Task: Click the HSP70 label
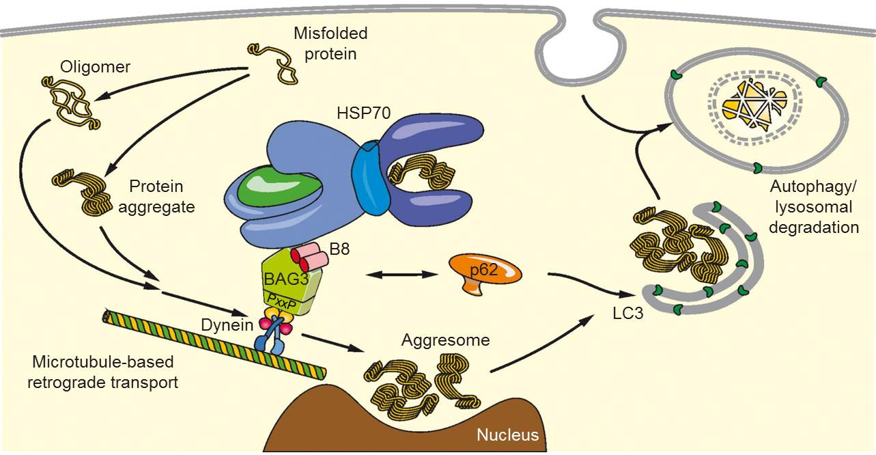coord(364,113)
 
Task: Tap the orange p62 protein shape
coord(485,271)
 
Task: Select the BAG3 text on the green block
coord(286,279)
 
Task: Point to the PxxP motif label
coord(282,302)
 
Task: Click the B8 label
coord(339,249)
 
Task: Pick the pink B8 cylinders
coord(309,256)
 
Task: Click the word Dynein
coord(227,325)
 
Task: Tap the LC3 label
coord(627,314)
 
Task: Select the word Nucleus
coord(507,435)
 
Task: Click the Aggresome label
coord(445,340)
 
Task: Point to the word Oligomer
coord(95,67)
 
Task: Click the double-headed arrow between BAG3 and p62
coord(401,275)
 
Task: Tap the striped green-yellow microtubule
coord(214,344)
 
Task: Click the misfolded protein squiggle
coord(273,64)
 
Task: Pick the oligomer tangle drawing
coord(70,102)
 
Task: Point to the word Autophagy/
coord(813,187)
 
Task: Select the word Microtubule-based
coord(103,362)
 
